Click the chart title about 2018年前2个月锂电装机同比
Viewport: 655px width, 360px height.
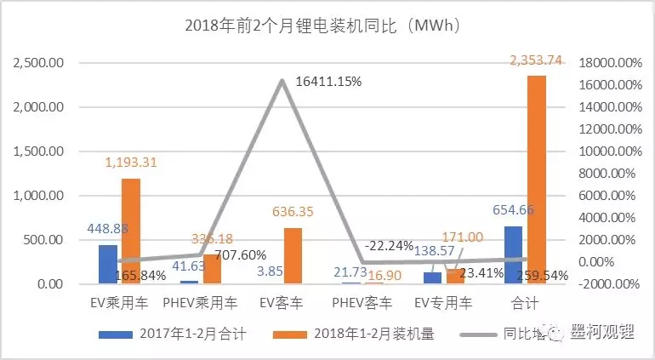point(322,25)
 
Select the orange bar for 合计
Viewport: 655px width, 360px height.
point(537,179)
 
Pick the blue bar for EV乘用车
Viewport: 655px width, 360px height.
point(109,264)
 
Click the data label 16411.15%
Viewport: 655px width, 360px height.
point(329,82)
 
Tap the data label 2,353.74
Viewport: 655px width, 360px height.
point(537,60)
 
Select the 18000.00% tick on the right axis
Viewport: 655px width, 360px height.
point(607,63)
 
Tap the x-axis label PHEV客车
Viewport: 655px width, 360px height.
point(364,302)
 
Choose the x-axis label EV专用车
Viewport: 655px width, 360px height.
point(444,302)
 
